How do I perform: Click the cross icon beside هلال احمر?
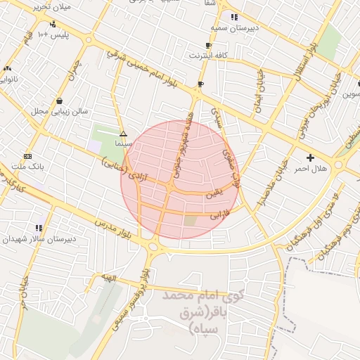[310, 157]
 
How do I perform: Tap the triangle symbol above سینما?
[124, 133]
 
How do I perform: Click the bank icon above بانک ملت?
[27, 156]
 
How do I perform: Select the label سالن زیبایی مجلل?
[59, 111]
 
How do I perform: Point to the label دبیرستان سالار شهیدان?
[36, 239]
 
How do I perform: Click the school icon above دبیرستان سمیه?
[234, 17]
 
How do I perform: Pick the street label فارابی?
[219, 215]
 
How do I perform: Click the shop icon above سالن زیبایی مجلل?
[59, 101]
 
